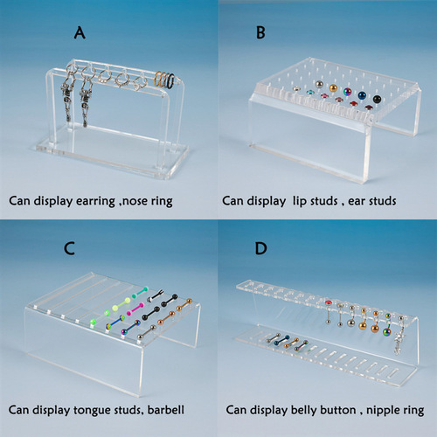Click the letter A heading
tap(80, 32)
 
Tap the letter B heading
tap(260, 33)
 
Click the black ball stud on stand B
tap(378, 99)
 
